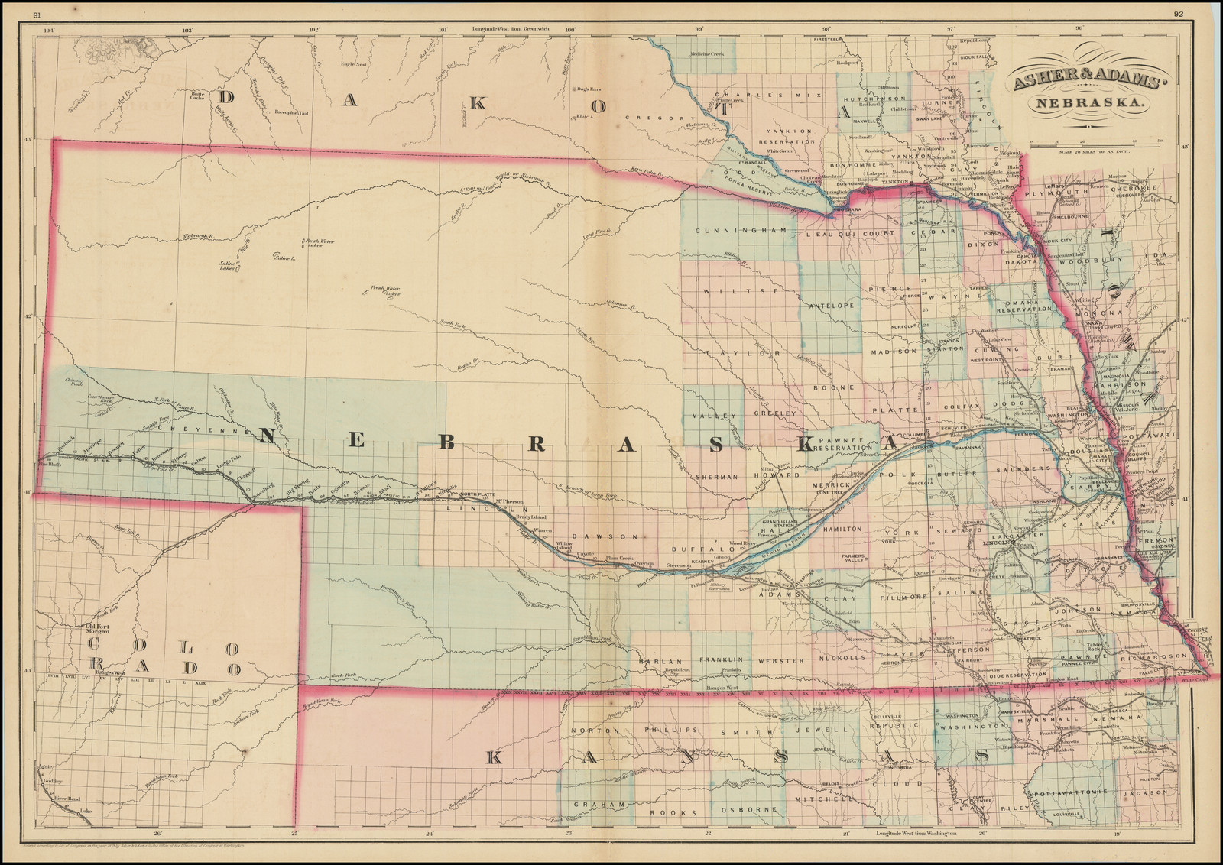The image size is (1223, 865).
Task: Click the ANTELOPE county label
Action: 832,306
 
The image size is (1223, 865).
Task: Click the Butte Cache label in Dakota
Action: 197,96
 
